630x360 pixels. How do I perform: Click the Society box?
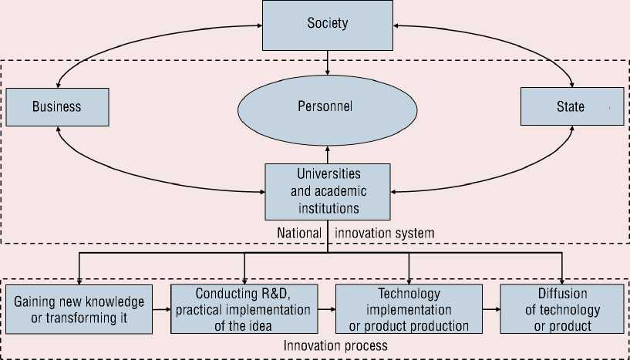coord(328,24)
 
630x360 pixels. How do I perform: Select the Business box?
coord(57,106)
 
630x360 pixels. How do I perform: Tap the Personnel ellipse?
coord(328,107)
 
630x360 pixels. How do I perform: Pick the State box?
coord(571,106)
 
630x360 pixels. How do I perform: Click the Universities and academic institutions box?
coord(328,190)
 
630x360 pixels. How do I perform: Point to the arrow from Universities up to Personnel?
coord(328,154)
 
